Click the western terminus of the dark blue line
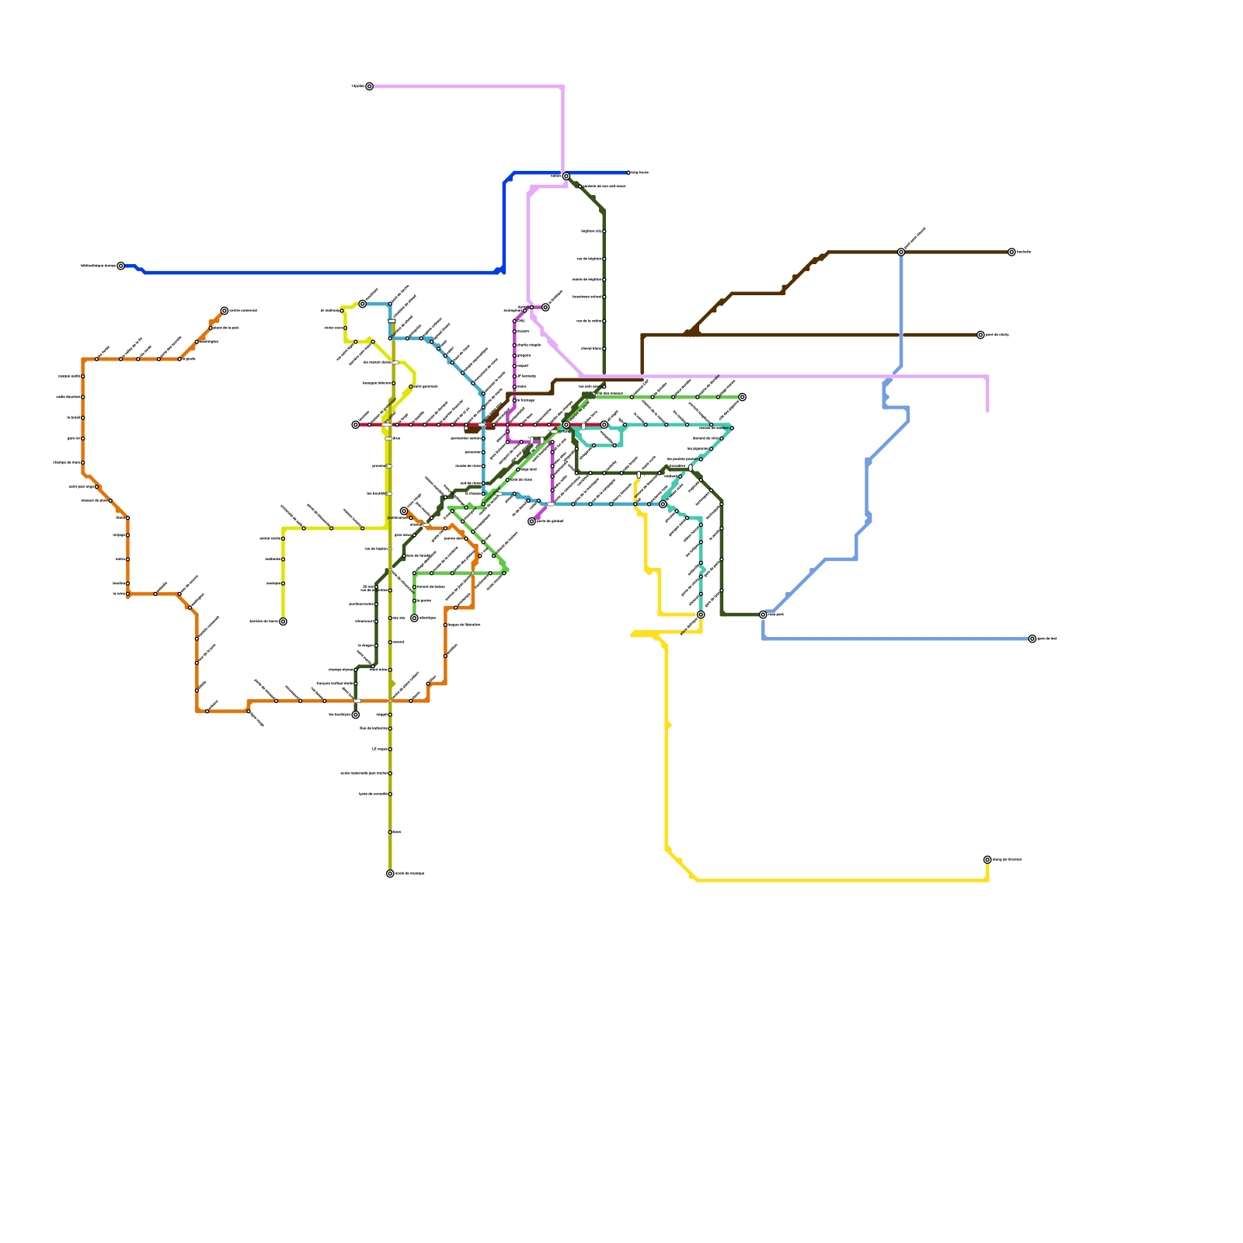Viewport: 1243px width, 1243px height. point(120,266)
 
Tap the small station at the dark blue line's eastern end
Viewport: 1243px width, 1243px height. point(628,172)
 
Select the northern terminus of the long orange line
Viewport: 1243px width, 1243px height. point(225,311)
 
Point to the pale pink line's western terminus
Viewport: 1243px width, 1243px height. point(369,86)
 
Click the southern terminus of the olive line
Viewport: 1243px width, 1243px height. point(390,873)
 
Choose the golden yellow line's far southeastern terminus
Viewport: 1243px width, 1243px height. point(987,860)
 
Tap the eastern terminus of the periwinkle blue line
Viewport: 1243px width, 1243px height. point(1032,639)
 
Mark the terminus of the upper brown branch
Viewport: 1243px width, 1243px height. point(1011,252)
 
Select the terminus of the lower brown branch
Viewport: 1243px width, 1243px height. point(980,335)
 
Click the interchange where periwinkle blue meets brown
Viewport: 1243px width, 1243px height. point(901,252)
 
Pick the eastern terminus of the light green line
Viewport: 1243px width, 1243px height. point(742,397)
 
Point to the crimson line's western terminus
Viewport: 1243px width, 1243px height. point(356,425)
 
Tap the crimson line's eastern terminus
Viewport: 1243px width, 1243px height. point(604,425)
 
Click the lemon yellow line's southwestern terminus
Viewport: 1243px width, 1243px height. point(283,621)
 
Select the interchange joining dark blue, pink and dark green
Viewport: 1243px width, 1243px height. point(566,176)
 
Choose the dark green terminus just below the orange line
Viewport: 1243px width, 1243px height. point(356,715)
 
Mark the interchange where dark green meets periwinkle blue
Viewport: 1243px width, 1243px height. point(763,615)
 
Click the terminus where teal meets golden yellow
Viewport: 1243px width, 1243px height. point(701,615)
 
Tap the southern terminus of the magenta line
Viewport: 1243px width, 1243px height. point(532,521)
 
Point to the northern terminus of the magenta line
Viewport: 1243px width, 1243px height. point(545,308)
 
